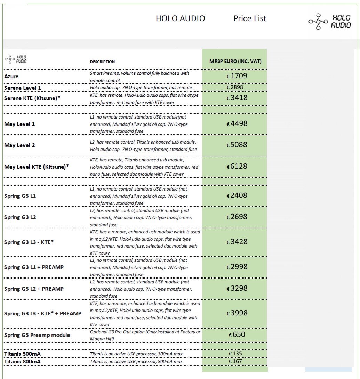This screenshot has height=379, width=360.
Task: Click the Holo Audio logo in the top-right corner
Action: point(330,22)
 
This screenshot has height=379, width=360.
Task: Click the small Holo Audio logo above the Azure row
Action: point(16,59)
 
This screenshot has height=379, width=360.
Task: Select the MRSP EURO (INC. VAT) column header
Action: point(235,62)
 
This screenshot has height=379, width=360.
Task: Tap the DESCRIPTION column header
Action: point(102,62)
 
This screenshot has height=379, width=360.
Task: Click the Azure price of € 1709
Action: point(237,76)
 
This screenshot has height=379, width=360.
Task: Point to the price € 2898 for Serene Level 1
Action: point(235,87)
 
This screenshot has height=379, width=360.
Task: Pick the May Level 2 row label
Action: point(19,145)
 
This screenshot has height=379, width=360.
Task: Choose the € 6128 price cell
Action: point(237,167)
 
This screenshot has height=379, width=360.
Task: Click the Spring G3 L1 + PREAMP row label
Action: point(34,267)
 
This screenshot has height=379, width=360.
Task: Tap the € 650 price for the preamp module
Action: point(237,335)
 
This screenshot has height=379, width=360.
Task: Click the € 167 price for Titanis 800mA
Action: point(235,361)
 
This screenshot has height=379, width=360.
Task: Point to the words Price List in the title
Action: point(250,19)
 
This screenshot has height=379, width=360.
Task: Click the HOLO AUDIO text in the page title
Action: point(180,19)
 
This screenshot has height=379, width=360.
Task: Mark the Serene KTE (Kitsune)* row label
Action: point(32,98)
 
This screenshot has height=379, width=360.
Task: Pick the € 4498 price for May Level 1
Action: point(237,124)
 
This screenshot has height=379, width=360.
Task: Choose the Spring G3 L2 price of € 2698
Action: point(237,217)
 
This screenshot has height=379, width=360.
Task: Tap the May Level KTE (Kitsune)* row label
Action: point(37,167)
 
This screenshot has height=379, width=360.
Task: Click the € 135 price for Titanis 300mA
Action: point(235,354)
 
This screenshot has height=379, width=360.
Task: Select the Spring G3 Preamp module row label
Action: point(37,335)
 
